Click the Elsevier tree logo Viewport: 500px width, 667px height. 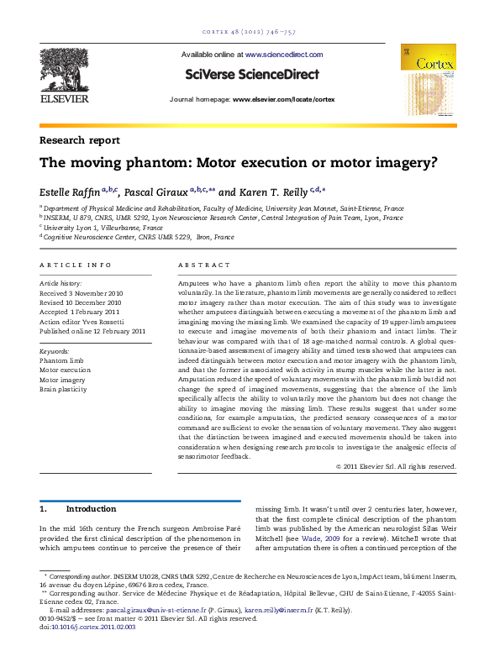pos(66,72)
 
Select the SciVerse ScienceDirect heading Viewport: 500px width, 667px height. pos(251,75)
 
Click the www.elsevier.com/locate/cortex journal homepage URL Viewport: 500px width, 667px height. pos(283,99)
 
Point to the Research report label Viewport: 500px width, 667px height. pos(79,140)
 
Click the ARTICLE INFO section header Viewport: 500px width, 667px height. pos(76,265)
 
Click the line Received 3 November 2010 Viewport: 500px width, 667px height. pos(82,294)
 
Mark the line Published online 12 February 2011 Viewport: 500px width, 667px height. pos(92,331)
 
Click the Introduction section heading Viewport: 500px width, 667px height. pos(90,509)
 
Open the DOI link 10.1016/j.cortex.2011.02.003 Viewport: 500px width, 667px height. pos(93,626)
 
